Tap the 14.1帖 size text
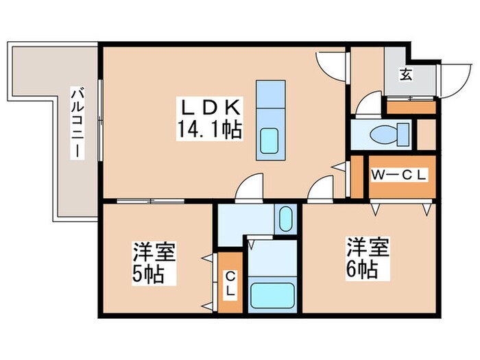tap(211, 129)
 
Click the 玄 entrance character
tap(406, 75)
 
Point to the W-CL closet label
tap(400, 176)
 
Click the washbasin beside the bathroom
tap(285, 220)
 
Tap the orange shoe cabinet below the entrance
tap(411, 108)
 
